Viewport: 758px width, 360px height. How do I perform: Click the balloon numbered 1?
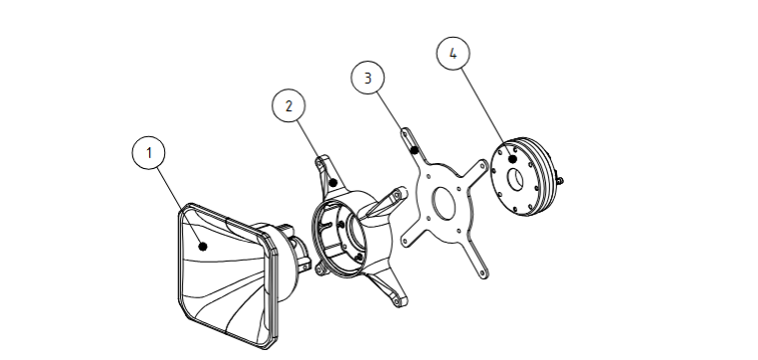(x=148, y=153)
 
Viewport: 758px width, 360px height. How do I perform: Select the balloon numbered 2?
(x=288, y=105)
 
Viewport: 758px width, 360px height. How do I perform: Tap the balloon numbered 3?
(x=367, y=78)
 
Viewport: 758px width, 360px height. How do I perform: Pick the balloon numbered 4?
(x=453, y=53)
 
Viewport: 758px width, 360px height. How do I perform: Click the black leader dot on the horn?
(x=203, y=247)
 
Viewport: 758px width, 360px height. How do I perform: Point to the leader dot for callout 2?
(x=332, y=183)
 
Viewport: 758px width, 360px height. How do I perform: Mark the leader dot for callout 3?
(x=414, y=150)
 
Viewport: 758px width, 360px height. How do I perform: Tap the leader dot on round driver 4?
(x=513, y=158)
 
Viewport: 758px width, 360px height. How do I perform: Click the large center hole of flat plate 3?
(x=445, y=203)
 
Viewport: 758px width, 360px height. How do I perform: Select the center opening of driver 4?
(x=515, y=179)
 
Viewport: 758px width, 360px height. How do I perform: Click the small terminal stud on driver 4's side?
(x=560, y=181)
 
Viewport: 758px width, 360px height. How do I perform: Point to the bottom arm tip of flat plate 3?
(x=483, y=274)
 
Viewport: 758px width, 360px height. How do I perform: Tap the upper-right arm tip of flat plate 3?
(x=481, y=164)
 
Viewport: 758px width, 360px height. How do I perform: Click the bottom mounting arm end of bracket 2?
(x=399, y=300)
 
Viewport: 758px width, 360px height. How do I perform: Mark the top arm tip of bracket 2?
(x=321, y=161)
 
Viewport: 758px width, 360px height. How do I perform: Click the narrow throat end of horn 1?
(x=300, y=251)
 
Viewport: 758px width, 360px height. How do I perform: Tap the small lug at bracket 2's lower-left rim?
(x=319, y=269)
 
